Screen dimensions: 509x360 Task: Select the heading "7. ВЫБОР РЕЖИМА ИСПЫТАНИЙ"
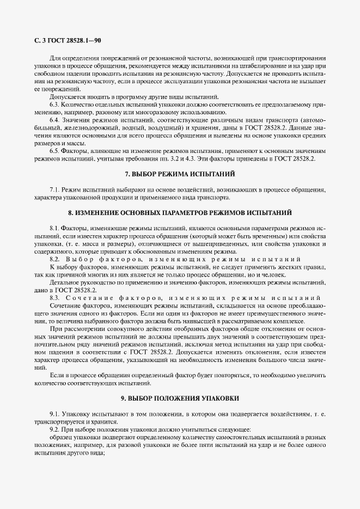pos(180,174)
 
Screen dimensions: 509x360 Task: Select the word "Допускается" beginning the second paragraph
pos(68,96)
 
